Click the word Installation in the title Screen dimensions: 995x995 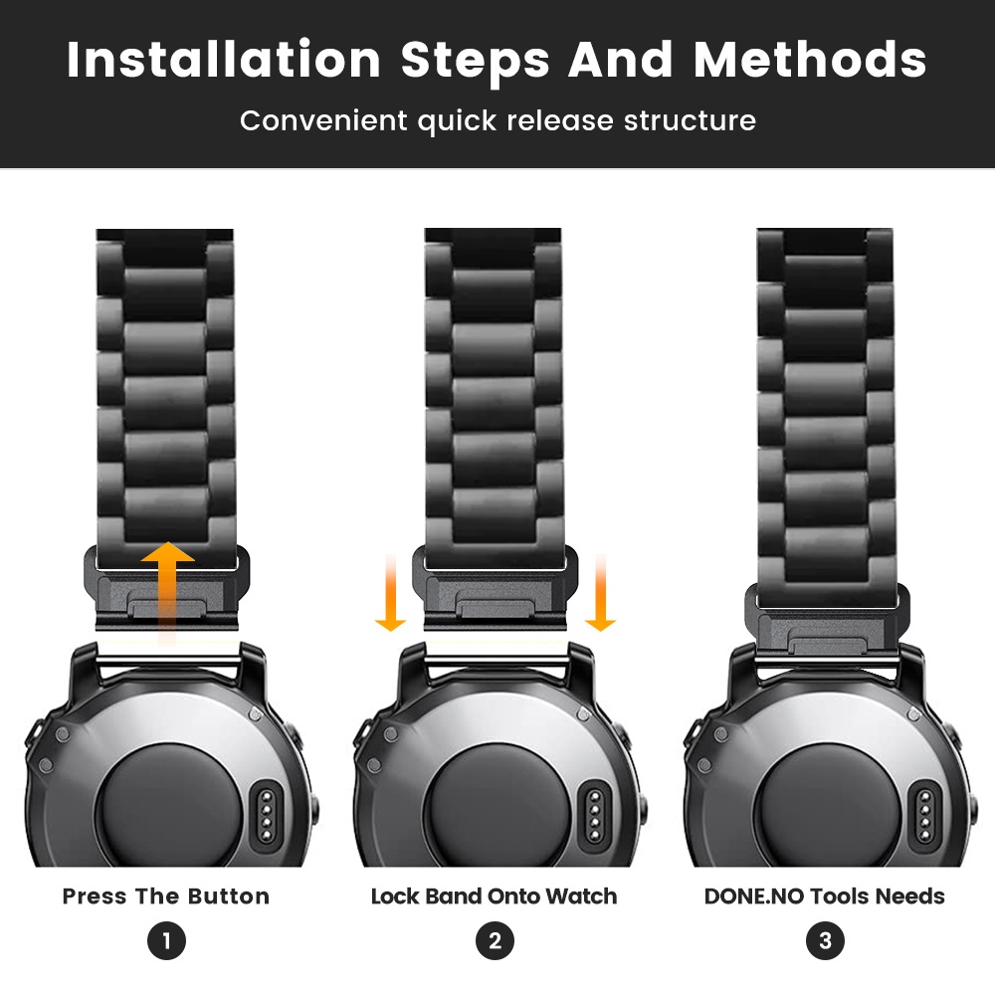[x=223, y=60]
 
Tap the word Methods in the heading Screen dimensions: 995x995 [x=810, y=60]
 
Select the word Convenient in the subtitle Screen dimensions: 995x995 [x=323, y=120]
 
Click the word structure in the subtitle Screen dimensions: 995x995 [x=690, y=120]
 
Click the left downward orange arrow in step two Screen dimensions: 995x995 [x=391, y=593]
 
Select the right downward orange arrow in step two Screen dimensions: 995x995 [x=600, y=593]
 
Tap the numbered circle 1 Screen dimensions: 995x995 [x=166, y=940]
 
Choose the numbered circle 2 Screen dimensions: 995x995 [x=495, y=940]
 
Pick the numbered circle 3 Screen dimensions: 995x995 [x=825, y=940]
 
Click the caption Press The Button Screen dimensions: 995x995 [x=165, y=896]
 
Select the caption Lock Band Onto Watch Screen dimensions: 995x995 [x=494, y=896]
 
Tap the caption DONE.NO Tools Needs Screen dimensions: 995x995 [x=824, y=896]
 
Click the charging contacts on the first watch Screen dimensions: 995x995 [x=267, y=816]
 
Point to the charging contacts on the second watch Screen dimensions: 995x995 [x=595, y=816]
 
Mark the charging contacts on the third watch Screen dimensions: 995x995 [x=925, y=816]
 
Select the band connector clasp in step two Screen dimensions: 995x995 [x=495, y=588]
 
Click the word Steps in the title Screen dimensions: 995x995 [x=475, y=61]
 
